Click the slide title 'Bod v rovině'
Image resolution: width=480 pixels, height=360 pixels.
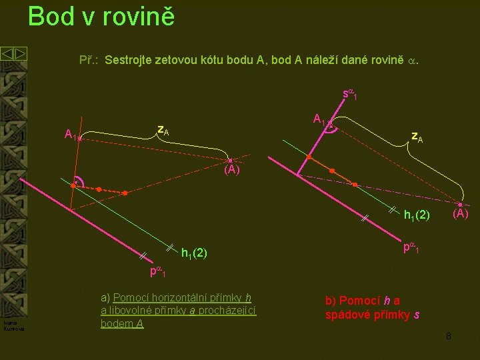(x=101, y=16)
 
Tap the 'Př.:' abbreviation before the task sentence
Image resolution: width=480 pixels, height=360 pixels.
(x=89, y=61)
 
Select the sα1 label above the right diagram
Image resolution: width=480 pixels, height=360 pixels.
(x=350, y=95)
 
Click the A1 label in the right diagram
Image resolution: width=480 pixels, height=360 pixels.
(x=320, y=120)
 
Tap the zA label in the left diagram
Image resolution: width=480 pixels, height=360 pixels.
(x=163, y=130)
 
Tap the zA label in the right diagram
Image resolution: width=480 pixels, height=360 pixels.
(x=417, y=137)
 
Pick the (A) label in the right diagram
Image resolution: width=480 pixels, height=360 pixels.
(x=461, y=214)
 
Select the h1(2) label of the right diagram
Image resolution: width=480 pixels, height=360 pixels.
(x=417, y=215)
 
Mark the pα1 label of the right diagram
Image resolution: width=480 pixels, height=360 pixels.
(x=410, y=247)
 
